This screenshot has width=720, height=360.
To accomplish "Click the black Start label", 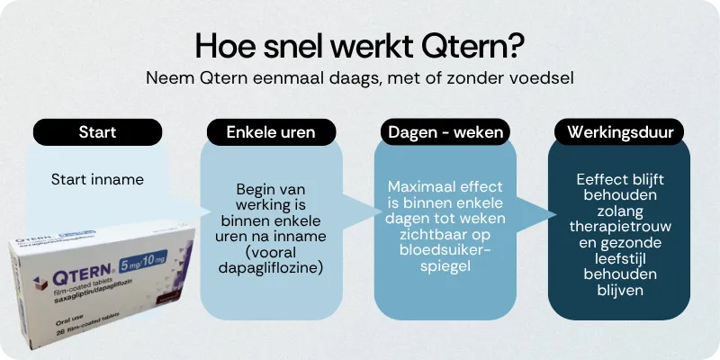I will tap(97, 132).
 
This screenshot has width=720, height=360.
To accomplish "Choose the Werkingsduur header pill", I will tap(619, 132).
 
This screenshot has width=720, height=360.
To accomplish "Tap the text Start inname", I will tap(97, 179).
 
